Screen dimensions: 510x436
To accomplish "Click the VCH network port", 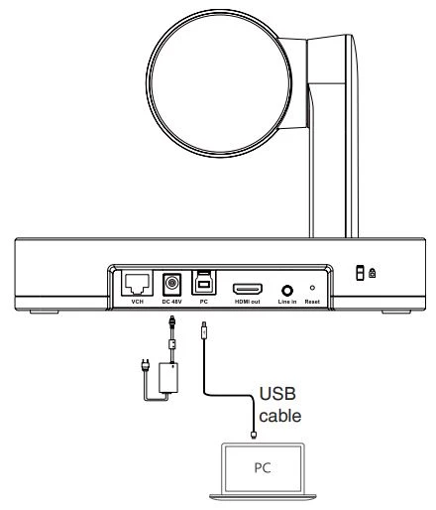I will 135,283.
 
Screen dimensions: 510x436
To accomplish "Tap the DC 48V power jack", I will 170,282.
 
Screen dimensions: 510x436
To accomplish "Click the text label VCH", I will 135,302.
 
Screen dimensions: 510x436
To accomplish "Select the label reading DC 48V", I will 170,302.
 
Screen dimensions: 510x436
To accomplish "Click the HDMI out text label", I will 247,302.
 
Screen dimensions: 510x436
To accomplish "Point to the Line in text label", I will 287,302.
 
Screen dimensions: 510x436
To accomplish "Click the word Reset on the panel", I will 311,302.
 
